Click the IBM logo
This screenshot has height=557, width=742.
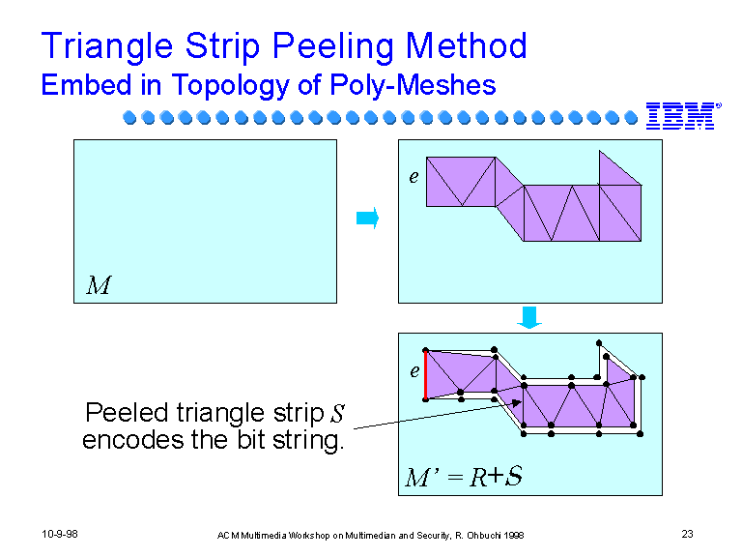pos(683,116)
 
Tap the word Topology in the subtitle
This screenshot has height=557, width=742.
pos(231,85)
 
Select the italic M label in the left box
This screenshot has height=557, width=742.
pos(99,285)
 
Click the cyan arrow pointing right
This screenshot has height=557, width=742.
pos(368,218)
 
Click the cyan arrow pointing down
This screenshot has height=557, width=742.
pos(529,317)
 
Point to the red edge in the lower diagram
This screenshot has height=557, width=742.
pos(426,375)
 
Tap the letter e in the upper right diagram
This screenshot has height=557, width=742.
pos(414,177)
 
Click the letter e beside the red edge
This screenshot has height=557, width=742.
pos(414,371)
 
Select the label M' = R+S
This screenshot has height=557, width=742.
pos(464,476)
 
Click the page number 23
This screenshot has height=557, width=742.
pos(687,534)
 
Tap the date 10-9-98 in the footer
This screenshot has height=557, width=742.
pos(60,534)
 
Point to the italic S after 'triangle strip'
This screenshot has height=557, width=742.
pos(338,413)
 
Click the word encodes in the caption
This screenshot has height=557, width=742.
pos(133,440)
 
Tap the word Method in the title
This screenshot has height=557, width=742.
pos(466,46)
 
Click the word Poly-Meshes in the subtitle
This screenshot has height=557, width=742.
pos(413,85)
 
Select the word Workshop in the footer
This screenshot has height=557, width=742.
pos(309,535)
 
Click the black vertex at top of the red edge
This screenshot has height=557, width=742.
pos(425,350)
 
